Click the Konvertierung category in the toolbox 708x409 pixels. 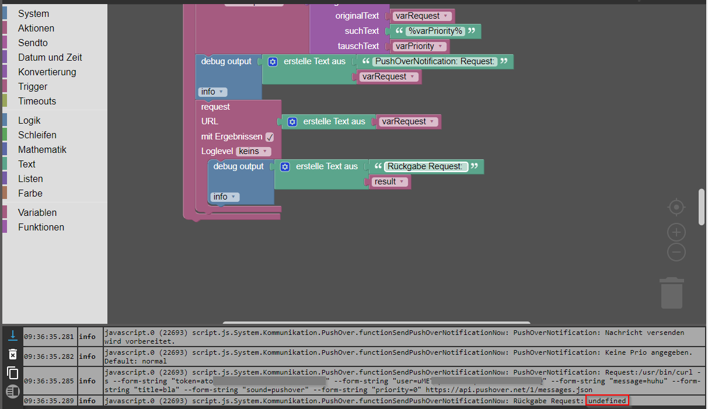[47, 72]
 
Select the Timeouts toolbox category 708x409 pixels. [37, 101]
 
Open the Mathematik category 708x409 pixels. [42, 149]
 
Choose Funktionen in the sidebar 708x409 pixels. [41, 227]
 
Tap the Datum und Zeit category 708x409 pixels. [50, 57]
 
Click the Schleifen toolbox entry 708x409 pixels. [37, 135]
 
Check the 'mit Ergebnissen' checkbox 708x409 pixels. [270, 137]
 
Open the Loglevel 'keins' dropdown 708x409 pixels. [253, 151]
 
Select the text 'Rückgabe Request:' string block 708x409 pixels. [426, 167]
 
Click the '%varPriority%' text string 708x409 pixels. [435, 31]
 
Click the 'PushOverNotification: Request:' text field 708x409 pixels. [435, 61]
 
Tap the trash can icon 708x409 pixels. [671, 293]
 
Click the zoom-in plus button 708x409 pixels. [676, 233]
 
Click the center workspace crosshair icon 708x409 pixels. [676, 207]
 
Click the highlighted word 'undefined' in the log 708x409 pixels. [607, 401]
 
